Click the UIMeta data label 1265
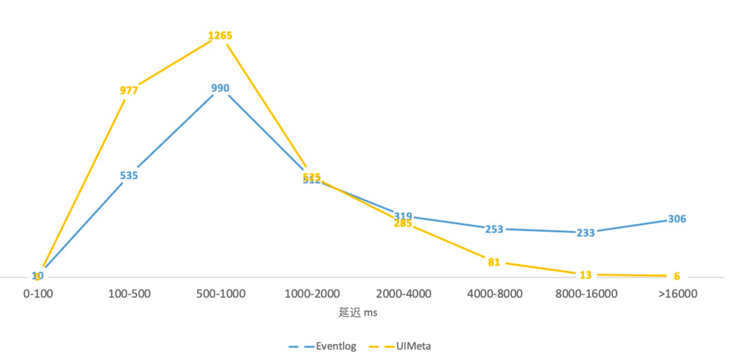[x=220, y=35]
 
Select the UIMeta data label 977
[x=129, y=90]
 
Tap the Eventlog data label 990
[x=220, y=88]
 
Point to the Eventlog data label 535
[x=129, y=175]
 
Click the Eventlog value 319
[x=403, y=216]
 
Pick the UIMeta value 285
[x=403, y=224]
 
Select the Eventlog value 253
[x=494, y=229]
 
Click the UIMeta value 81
[x=494, y=262]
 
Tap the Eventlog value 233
[x=585, y=233]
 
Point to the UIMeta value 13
[x=585, y=275]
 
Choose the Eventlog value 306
[x=677, y=219]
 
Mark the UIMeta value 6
[x=677, y=276]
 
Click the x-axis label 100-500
[x=129, y=294]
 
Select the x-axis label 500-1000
[x=220, y=294]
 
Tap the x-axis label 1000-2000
[x=312, y=294]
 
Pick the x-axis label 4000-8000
[x=494, y=294]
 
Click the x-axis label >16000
[x=677, y=294]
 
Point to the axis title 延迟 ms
[x=358, y=312]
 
